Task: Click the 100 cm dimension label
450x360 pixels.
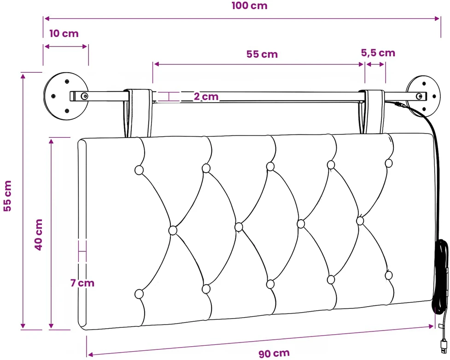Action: click(249, 6)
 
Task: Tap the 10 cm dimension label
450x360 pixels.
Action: click(64, 34)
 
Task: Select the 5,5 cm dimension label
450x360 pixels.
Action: click(378, 53)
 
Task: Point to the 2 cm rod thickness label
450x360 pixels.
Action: click(206, 96)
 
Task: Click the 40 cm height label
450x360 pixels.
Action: click(39, 235)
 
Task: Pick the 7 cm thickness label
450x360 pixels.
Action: click(82, 283)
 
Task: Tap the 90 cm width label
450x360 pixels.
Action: click(274, 354)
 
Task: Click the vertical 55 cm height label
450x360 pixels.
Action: click(7, 196)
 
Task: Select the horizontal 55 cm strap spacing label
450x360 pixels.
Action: click(262, 54)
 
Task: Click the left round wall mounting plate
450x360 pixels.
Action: click(66, 96)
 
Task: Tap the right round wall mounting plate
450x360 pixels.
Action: click(423, 96)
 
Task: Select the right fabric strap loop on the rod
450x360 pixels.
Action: click(372, 112)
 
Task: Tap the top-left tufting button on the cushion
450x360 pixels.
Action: click(139, 170)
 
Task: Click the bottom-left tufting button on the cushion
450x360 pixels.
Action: click(139, 294)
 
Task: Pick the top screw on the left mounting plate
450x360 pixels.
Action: click(67, 82)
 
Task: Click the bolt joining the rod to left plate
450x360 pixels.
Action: click(84, 96)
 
